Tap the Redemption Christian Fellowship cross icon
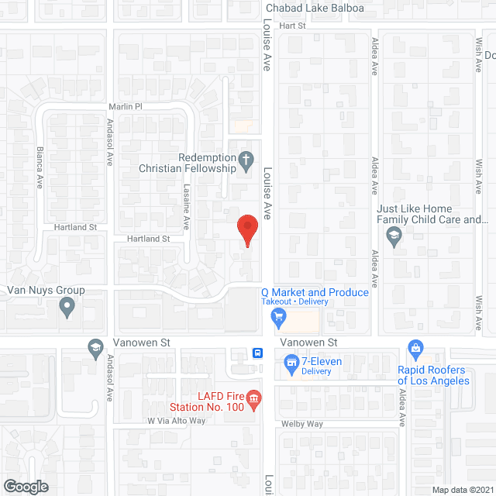[x=246, y=162]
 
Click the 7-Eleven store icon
[x=291, y=361]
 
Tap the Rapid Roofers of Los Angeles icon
[x=415, y=347]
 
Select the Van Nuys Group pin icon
[x=67, y=308]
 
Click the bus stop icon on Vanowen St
[x=257, y=353]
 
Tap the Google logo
[x=26, y=486]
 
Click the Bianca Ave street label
[x=40, y=167]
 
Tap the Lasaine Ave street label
[x=186, y=211]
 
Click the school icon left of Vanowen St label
[x=96, y=346]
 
